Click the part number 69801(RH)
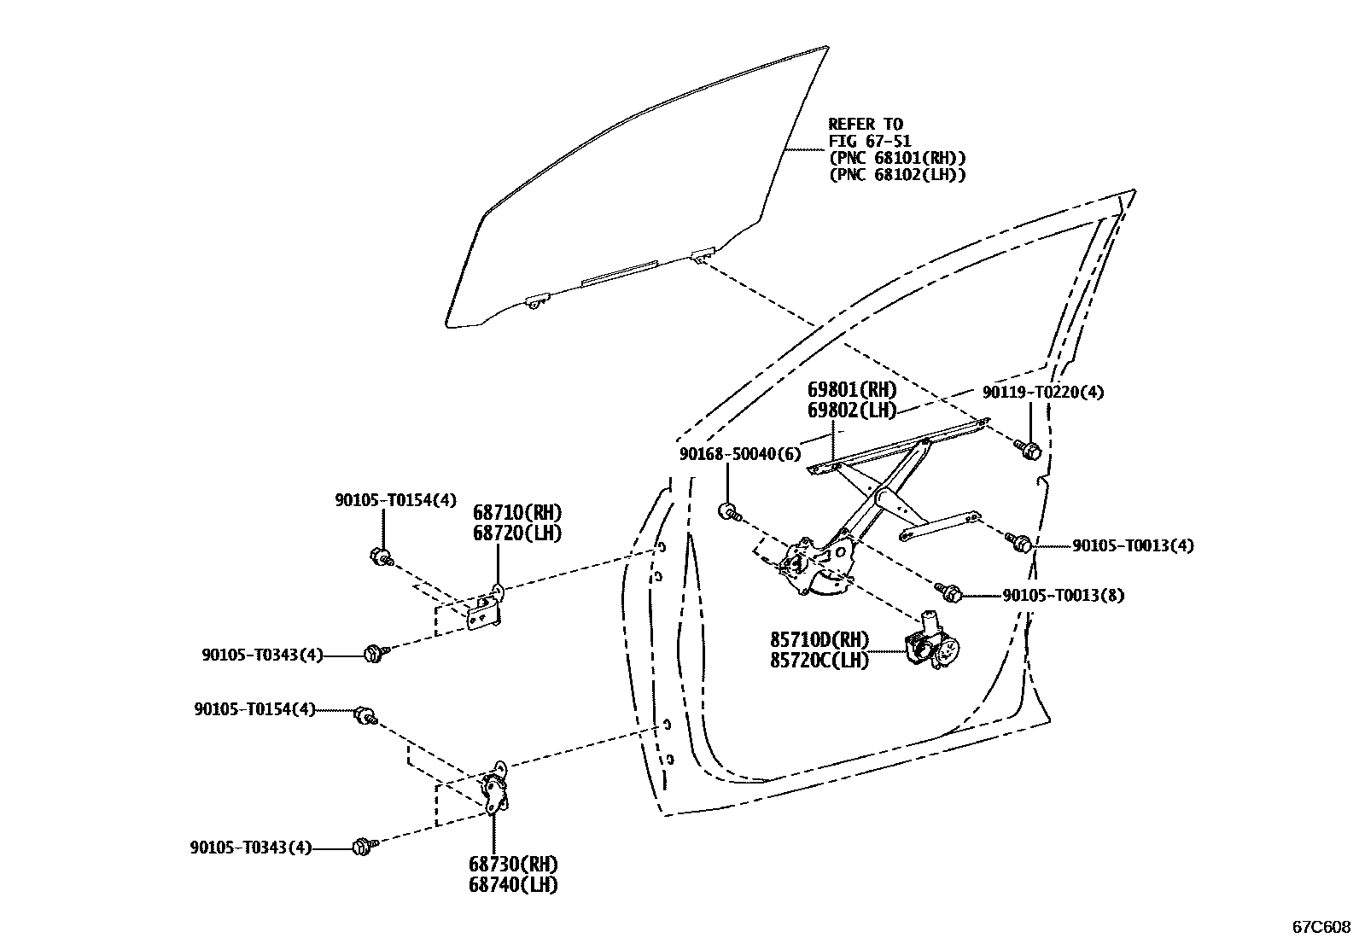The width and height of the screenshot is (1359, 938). click(x=852, y=390)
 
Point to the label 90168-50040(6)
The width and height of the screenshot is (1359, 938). click(x=740, y=454)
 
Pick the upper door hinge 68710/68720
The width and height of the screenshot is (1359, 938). click(x=487, y=609)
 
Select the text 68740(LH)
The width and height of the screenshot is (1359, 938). click(x=512, y=885)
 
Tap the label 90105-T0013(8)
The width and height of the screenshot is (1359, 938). click(x=1063, y=595)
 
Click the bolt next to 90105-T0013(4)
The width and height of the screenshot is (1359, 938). click(x=1020, y=542)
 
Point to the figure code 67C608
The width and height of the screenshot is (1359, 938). click(x=1321, y=926)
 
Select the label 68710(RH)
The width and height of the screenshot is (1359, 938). click(x=517, y=513)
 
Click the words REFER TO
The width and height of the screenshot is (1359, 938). click(x=865, y=125)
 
